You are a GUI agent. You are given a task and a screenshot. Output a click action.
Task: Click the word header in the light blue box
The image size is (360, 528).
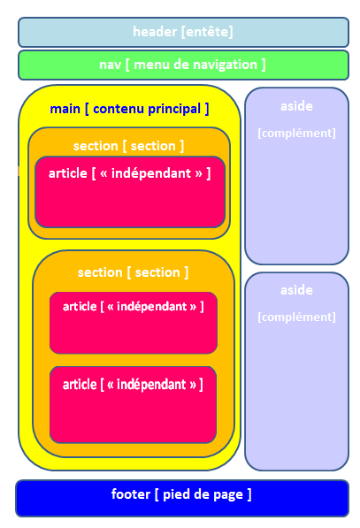pos(155,32)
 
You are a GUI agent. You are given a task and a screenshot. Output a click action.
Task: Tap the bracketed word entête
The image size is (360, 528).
pos(207,32)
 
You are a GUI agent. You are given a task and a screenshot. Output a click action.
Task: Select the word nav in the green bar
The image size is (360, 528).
pos(110,65)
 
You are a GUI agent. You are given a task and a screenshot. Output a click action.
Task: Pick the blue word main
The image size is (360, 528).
pos(65,109)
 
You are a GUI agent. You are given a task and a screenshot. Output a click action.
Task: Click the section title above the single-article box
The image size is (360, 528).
pos(128,146)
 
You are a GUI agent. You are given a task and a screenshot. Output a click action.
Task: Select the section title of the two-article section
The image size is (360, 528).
pos(133,272)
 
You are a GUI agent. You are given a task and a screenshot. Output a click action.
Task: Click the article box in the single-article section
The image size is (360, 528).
pos(130,192)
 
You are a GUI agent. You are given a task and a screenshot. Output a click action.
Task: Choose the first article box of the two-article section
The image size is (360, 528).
pos(134,323)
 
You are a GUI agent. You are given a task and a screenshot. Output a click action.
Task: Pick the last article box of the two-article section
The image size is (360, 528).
pos(133,405)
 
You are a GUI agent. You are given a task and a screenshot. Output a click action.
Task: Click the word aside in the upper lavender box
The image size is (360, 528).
pos(296,106)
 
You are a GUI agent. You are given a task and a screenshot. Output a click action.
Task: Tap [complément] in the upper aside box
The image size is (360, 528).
pos(296,133)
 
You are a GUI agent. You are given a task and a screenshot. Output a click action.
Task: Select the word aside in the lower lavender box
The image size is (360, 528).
pos(296,290)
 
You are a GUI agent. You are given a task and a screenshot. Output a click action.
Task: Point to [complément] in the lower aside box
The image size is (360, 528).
pos(296,317)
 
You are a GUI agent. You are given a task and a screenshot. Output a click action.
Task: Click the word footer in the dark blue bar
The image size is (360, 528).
pos(131,494)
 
